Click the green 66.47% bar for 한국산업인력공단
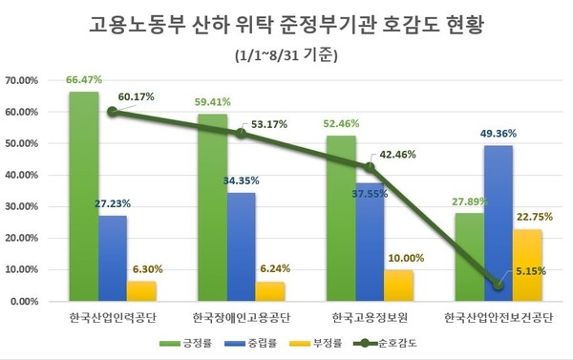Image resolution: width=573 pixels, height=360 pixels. [83, 196]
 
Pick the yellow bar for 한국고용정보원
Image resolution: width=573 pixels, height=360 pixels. [399, 285]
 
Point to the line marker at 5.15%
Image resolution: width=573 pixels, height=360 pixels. [499, 285]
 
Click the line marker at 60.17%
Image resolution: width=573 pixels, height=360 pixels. [113, 112]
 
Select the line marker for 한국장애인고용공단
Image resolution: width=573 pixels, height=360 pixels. [242, 134]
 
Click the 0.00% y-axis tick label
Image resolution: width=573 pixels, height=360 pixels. [23, 301]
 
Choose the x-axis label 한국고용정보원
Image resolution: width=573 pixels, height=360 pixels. [369, 316]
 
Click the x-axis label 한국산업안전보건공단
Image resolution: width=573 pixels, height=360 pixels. [499, 316]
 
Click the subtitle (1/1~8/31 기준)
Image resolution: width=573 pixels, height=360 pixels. [286, 53]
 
